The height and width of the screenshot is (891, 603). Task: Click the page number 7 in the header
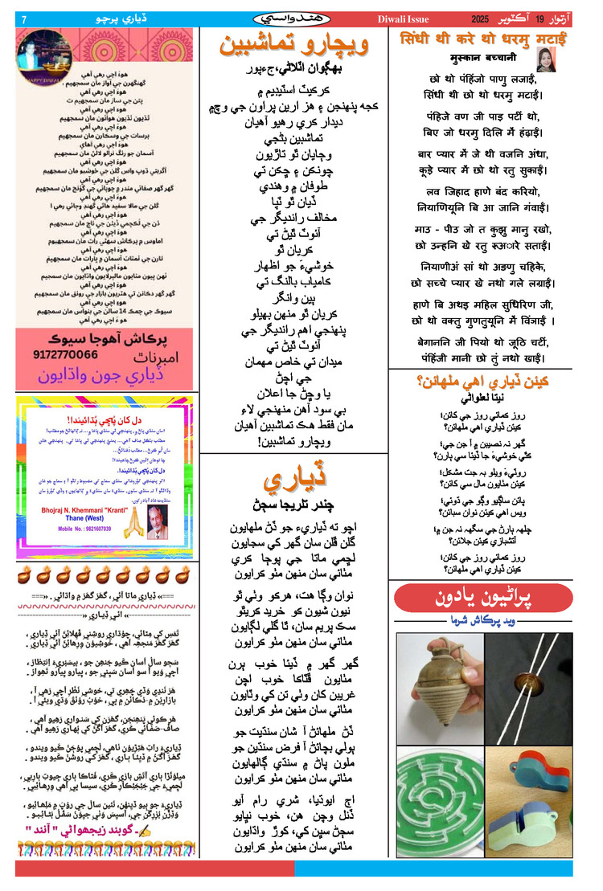click(24, 17)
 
